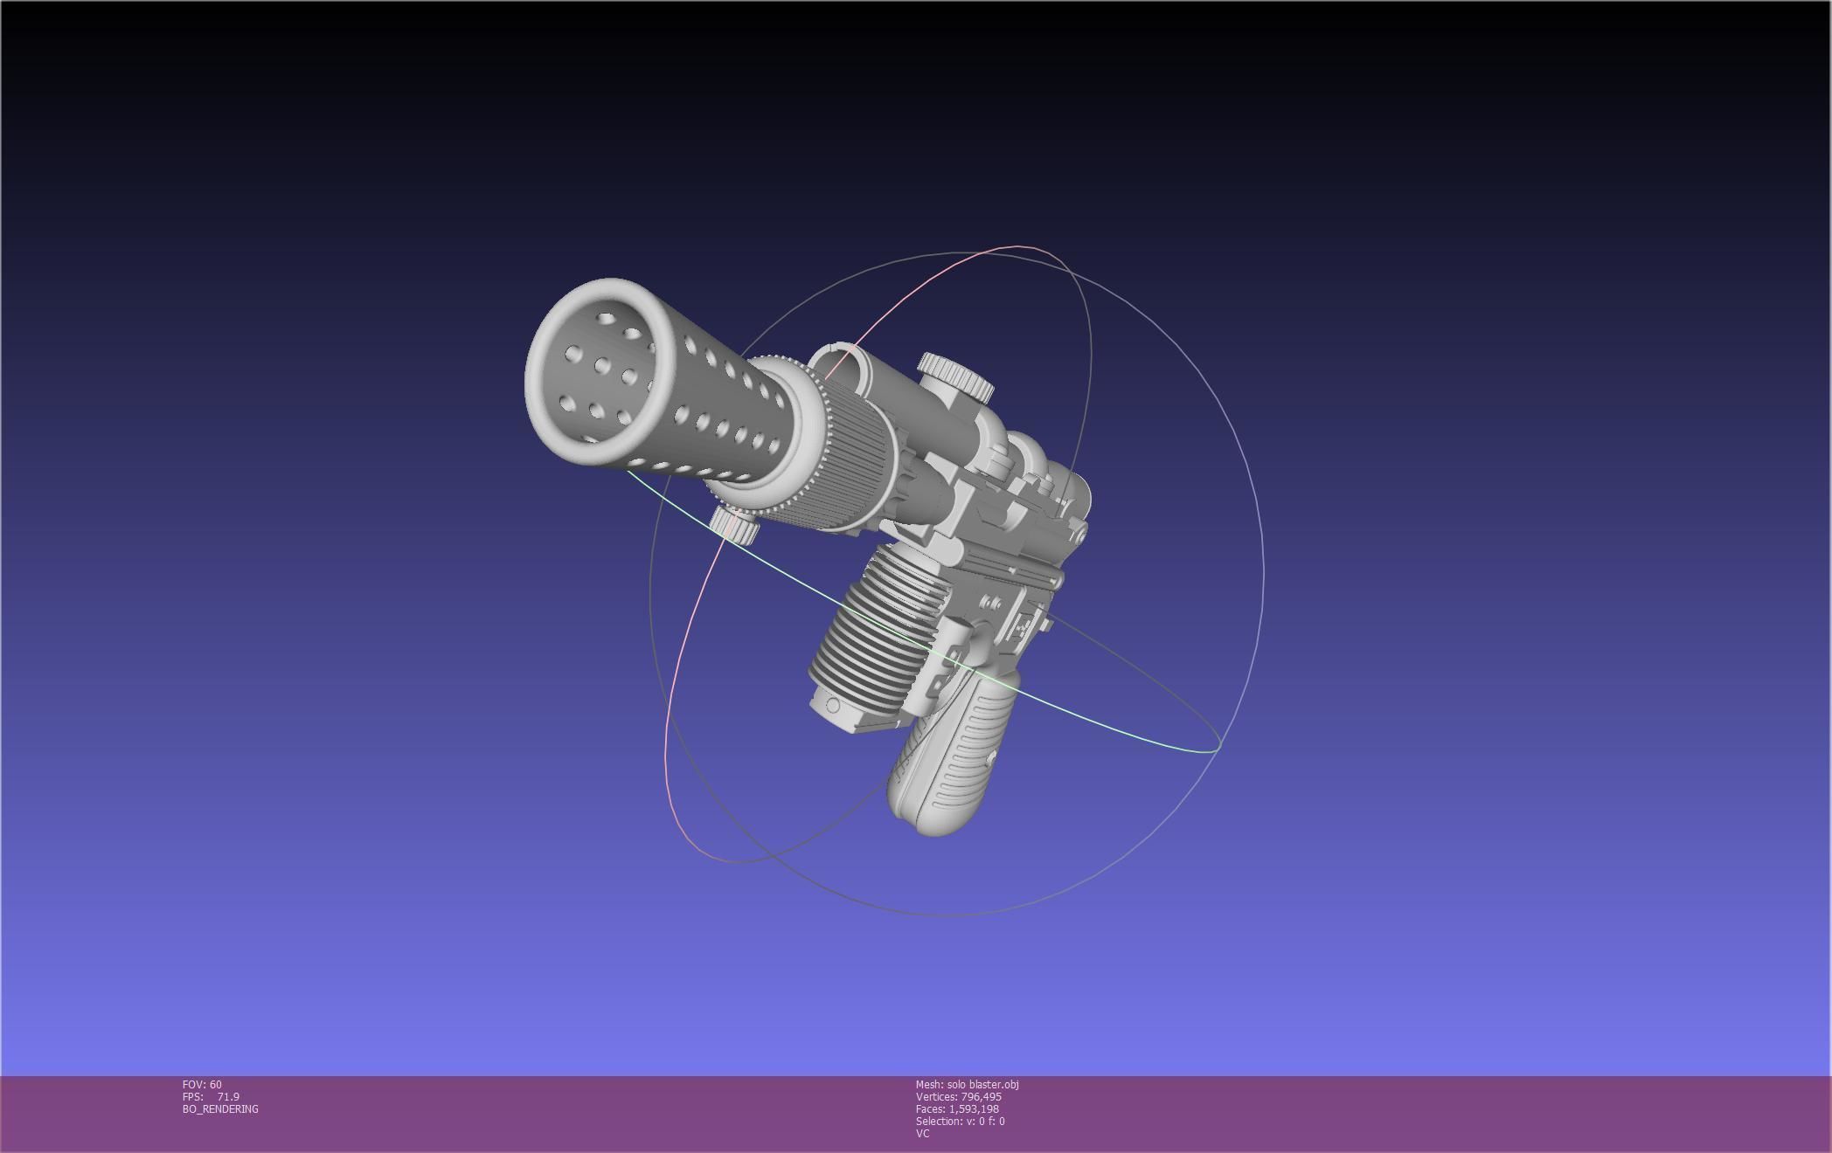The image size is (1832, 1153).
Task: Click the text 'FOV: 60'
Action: (202, 1084)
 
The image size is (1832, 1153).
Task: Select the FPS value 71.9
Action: (228, 1096)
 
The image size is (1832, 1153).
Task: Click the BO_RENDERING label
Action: (220, 1108)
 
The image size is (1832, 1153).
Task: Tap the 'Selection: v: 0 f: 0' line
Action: (960, 1121)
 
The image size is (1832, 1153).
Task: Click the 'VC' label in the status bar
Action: (922, 1133)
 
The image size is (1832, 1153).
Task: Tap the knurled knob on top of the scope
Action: (955, 373)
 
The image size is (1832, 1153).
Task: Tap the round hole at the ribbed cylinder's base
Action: (832, 706)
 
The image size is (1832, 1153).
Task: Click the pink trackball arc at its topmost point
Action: (1018, 247)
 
